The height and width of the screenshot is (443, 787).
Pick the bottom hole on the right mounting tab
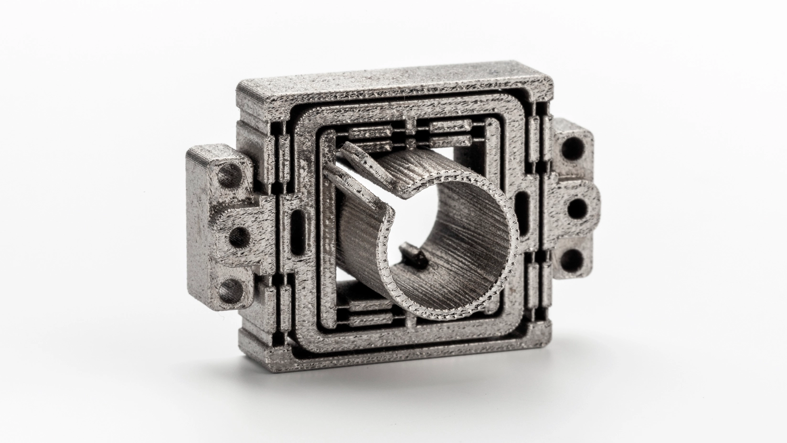point(571,261)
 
